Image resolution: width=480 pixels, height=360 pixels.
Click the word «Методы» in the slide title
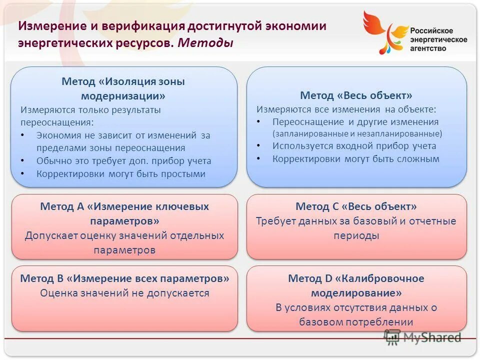click(x=205, y=43)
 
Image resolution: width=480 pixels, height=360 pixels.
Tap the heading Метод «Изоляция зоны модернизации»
click(x=123, y=88)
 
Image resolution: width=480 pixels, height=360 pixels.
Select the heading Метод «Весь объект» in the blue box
click(x=356, y=95)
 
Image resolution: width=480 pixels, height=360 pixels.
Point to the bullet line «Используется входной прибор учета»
click(x=354, y=146)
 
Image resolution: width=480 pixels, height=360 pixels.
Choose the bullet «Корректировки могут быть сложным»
click(x=355, y=159)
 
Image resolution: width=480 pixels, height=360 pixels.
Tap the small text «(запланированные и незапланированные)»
click(x=357, y=134)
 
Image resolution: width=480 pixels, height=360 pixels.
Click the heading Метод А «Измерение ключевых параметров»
click(x=124, y=213)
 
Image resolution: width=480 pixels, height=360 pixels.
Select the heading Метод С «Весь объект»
click(x=356, y=206)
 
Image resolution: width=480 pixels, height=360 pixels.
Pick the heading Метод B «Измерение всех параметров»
click(x=124, y=278)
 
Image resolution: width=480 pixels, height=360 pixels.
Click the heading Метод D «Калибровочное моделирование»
click(x=356, y=285)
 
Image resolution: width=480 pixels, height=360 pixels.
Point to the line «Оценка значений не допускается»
click(x=124, y=293)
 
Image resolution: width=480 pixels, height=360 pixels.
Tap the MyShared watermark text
click(x=431, y=337)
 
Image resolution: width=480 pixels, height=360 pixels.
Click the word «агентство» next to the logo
click(x=428, y=48)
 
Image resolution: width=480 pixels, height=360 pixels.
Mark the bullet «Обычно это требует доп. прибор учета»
click(x=123, y=161)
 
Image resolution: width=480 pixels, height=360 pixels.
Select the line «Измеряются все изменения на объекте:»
click(x=346, y=108)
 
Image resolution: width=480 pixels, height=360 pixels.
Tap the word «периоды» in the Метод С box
click(x=356, y=235)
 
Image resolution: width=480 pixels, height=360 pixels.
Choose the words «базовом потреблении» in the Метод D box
click(x=356, y=322)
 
